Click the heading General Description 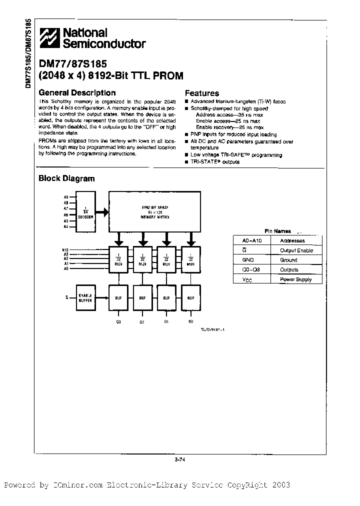click(x=77, y=92)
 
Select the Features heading click(x=202, y=93)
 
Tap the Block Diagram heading click(x=66, y=178)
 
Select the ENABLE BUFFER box click(x=86, y=297)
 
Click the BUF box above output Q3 click(x=118, y=298)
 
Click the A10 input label click(x=65, y=249)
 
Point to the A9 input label click(x=66, y=197)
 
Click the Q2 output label click(x=142, y=322)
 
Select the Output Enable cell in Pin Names click(x=296, y=250)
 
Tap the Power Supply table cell click(x=296, y=279)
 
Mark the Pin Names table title click(x=278, y=231)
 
